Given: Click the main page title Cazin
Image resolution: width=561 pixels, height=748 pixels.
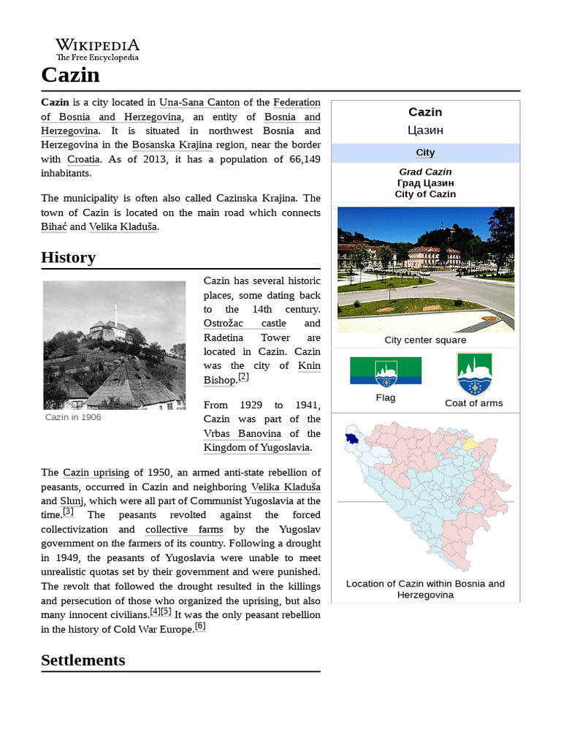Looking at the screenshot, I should [70, 75].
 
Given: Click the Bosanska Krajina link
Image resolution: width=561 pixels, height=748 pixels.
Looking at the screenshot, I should [172, 145].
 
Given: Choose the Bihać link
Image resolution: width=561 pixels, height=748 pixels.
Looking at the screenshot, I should [54, 226].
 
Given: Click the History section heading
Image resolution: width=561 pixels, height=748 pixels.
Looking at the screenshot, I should [68, 257].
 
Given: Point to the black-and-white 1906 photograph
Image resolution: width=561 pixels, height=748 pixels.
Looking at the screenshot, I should [114, 345].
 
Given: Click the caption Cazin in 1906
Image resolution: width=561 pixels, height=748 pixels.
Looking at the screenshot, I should [73, 417].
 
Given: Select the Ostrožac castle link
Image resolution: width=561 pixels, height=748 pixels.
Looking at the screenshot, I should [245, 323].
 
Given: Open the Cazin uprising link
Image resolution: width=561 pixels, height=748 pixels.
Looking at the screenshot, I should [96, 473].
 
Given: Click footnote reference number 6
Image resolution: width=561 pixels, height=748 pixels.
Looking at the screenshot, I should [199, 626].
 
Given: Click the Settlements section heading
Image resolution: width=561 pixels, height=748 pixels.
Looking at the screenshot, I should [83, 660].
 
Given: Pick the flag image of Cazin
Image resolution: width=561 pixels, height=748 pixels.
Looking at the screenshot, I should [385, 371].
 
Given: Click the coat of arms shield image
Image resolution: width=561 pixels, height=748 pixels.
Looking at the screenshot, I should [473, 374].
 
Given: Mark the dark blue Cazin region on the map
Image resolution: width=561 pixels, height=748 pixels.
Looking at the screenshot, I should [353, 440].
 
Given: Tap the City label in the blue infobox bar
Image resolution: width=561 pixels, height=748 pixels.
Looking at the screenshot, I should [425, 153].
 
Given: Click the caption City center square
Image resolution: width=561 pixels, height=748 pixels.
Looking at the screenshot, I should [425, 340].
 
